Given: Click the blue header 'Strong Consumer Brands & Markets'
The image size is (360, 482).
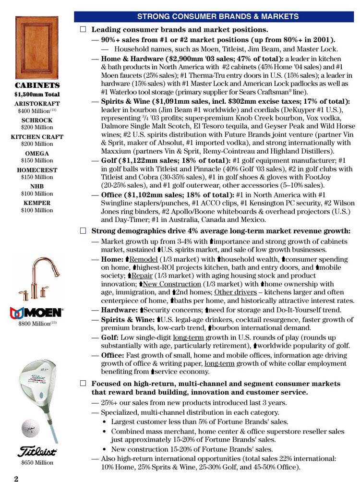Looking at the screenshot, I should (217, 17).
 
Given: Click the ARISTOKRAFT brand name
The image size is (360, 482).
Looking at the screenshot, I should (37, 103).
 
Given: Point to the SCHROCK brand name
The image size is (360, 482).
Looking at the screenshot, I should (37, 120).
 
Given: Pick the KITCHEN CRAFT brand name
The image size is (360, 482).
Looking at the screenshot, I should (37, 137).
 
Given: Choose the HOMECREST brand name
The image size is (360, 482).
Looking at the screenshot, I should (37, 170).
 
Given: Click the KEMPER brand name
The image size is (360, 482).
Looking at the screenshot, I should (37, 203).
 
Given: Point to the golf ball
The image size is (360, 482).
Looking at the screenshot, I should (30, 428).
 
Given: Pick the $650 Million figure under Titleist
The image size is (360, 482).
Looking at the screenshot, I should (37, 463).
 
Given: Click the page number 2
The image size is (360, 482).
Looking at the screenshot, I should (16, 478).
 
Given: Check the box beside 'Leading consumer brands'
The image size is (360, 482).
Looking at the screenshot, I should (83, 30).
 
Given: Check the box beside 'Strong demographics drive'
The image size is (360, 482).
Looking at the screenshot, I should (83, 230).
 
